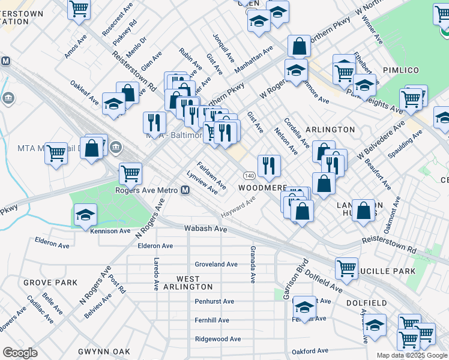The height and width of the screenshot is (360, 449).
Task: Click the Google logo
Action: coord(20,353)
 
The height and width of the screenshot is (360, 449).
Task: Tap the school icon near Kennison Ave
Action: coord(86,214)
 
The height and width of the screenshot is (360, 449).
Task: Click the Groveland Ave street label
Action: coord(216,264)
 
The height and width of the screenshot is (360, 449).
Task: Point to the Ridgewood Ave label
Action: coord(217,339)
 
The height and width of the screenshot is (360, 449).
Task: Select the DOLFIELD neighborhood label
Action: coord(369,304)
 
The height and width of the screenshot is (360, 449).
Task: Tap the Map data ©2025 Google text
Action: coord(412,355)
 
